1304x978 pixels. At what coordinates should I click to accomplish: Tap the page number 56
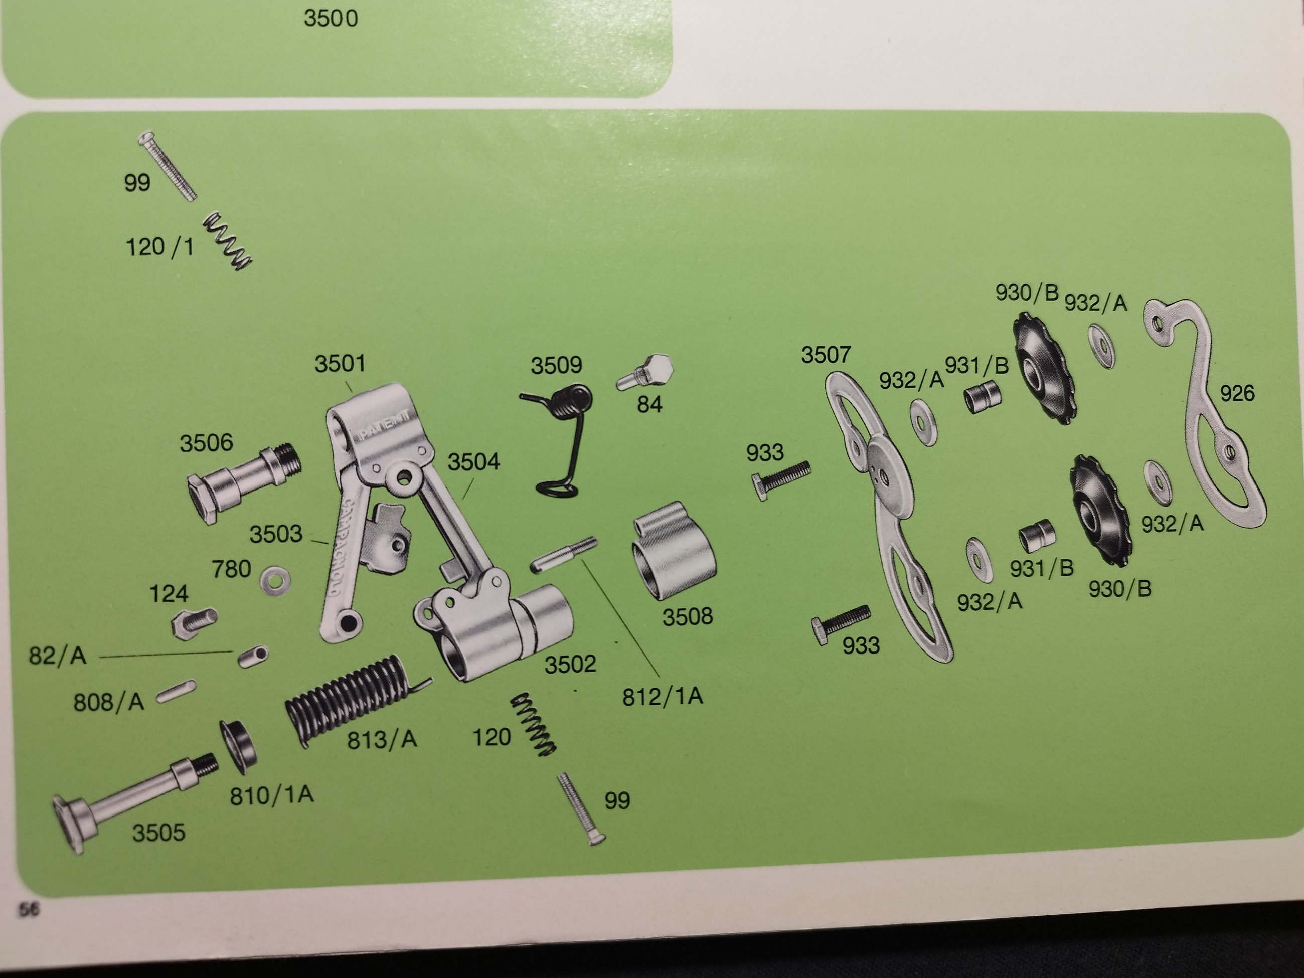(x=28, y=910)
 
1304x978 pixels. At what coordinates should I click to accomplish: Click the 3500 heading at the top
(x=330, y=18)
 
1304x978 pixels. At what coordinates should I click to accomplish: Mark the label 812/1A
(x=663, y=697)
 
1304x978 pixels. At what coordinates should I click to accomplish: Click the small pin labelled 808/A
(x=176, y=692)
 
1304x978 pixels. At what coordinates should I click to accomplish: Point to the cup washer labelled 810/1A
(x=237, y=745)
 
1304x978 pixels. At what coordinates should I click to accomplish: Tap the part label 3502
(x=570, y=665)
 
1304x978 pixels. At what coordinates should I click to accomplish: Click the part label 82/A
(x=58, y=656)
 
